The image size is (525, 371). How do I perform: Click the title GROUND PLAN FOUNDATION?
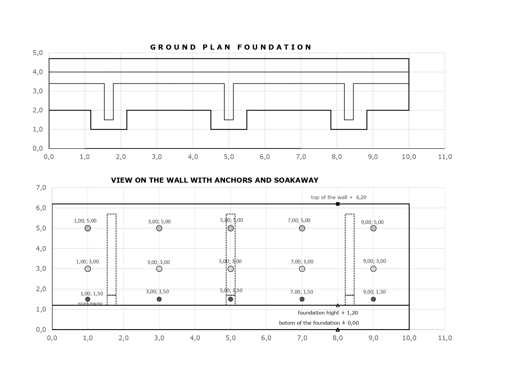(231, 47)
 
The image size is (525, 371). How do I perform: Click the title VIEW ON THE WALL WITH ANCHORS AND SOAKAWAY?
(214, 180)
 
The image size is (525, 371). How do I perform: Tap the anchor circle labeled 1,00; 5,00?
(88, 228)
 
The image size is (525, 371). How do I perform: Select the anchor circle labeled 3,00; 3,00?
(159, 269)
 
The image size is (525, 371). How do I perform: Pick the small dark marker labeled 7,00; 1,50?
(302, 299)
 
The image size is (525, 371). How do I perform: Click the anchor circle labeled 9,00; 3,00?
(373, 269)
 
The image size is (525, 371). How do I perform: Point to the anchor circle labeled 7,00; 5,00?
(302, 228)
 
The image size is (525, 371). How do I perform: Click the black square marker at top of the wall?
(338, 204)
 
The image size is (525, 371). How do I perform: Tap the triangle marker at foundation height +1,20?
(338, 305)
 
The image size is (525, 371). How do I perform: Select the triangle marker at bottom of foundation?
(338, 330)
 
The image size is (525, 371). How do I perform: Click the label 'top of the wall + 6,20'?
(339, 197)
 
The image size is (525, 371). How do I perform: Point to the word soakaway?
(90, 304)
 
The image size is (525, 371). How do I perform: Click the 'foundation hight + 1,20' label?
(328, 313)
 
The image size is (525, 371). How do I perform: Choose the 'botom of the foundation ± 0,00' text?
(319, 323)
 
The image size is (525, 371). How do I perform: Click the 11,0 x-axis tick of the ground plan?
(445, 157)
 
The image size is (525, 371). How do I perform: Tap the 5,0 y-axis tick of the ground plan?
(38, 53)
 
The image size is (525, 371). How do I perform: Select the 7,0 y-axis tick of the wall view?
(41, 188)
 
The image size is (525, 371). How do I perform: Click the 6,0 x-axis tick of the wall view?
(266, 338)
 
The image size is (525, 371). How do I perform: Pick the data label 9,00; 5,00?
(372, 222)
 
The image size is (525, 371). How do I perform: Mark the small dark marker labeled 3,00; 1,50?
(159, 299)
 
